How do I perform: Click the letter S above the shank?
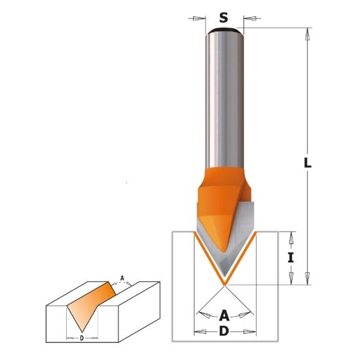click(x=224, y=18)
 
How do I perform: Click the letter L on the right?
click(x=308, y=163)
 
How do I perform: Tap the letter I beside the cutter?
click(x=291, y=257)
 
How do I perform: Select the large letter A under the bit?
click(x=224, y=315)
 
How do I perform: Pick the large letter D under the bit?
click(x=224, y=331)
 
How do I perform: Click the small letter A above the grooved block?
click(x=122, y=278)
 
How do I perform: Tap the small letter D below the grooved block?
click(x=82, y=338)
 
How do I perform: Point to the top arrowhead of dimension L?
click(x=308, y=34)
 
